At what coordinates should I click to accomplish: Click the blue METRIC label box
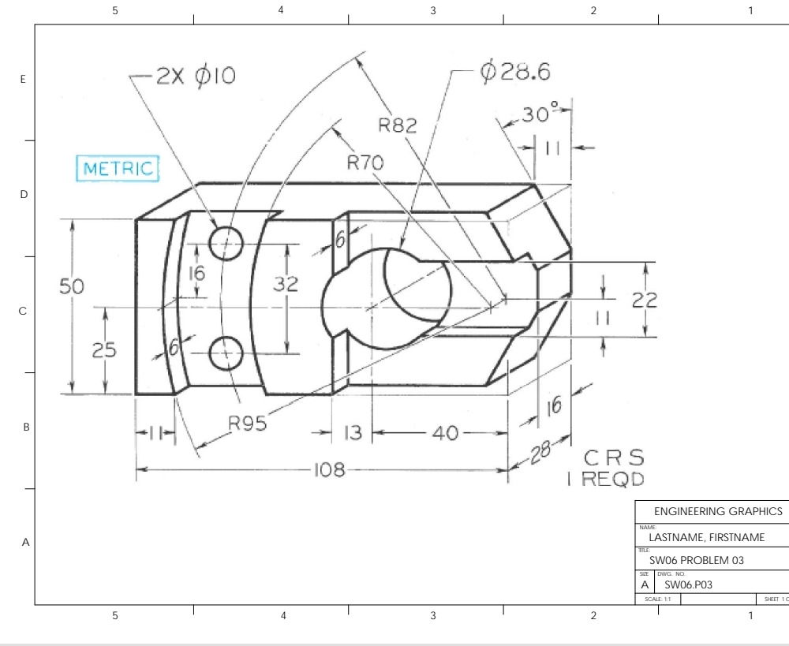coord(116,170)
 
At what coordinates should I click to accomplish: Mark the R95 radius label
coord(247,423)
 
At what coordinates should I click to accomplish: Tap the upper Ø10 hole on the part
coord(226,241)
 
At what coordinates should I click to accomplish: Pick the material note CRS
coord(613,458)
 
